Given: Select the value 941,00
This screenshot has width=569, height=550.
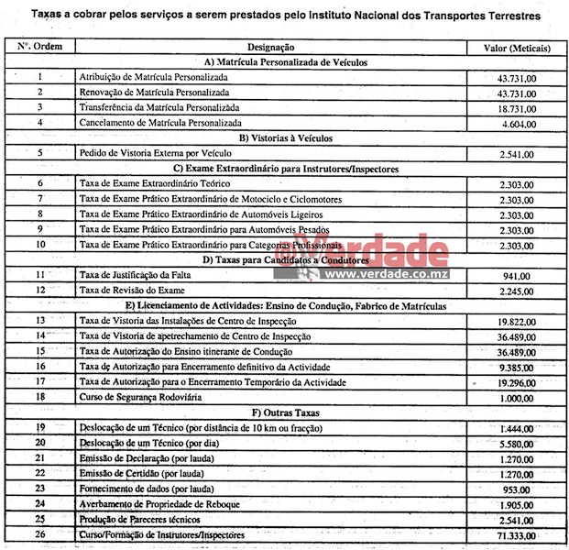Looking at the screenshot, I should point(521,275).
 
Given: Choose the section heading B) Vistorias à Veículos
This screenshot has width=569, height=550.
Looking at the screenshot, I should point(284,137).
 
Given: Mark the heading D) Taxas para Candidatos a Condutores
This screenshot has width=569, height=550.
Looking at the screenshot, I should point(284,259).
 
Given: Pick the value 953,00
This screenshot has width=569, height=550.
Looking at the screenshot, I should point(521,489).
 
